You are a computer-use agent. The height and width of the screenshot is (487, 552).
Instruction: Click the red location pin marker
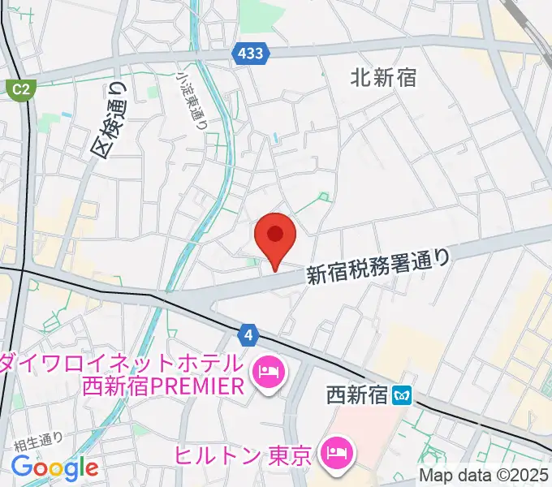click(x=274, y=236)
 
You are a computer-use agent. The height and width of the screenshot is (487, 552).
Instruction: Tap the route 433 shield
click(x=252, y=54)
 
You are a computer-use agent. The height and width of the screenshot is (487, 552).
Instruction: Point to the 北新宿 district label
click(x=384, y=77)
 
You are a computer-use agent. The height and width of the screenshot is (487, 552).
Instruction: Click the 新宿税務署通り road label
click(x=377, y=265)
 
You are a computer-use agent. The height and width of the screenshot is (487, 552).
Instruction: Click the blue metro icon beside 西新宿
click(x=402, y=396)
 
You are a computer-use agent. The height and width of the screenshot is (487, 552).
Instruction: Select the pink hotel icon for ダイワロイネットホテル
click(x=268, y=373)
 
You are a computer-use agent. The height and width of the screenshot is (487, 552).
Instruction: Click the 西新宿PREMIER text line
click(x=162, y=386)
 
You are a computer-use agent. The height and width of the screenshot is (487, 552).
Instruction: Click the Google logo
click(x=54, y=468)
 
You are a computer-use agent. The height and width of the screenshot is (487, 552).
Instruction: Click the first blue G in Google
click(x=21, y=467)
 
